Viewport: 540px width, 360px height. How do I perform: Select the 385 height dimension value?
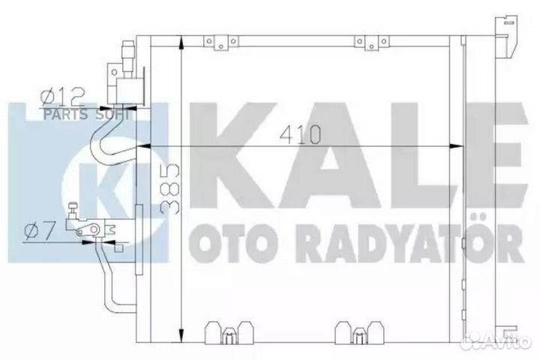[172, 188]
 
